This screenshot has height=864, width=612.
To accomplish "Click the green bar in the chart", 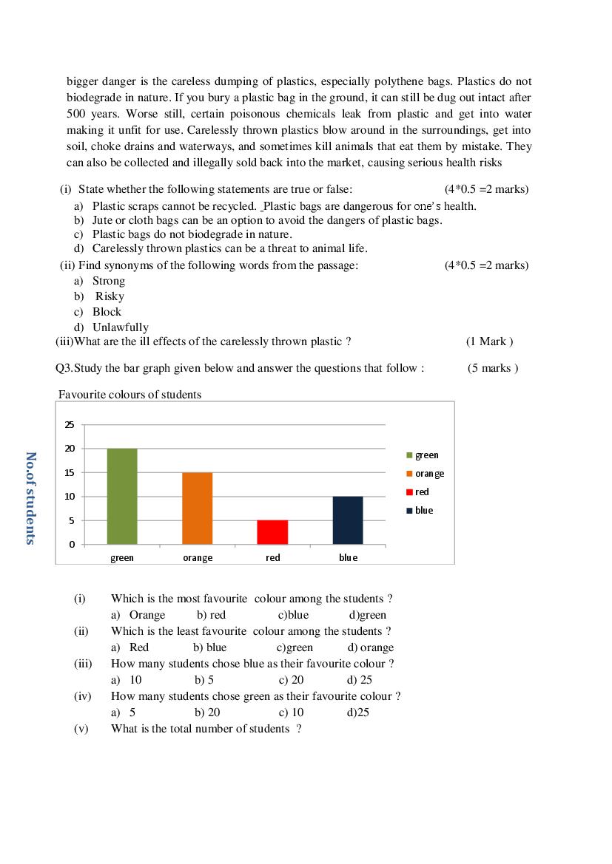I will [x=122, y=496].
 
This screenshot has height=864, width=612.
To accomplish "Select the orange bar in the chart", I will [x=197, y=508].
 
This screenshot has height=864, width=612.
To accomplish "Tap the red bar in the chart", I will [x=272, y=532].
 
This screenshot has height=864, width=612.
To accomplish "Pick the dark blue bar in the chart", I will [x=348, y=520].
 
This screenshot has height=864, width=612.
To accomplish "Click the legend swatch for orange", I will [x=409, y=474].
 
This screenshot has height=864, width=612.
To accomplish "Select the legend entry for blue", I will [x=420, y=511].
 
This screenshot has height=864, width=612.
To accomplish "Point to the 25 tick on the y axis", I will [x=70, y=425].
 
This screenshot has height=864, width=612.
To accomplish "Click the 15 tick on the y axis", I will [x=70, y=473].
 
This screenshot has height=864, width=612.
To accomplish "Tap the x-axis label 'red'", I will [x=273, y=558].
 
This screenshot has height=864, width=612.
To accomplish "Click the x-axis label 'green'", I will [x=122, y=558].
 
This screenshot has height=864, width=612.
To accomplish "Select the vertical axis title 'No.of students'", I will [x=30, y=498].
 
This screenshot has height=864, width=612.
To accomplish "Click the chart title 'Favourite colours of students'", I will [x=130, y=395].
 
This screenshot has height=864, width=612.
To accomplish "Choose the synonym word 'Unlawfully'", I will [x=120, y=327].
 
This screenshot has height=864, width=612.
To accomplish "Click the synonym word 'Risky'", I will [x=110, y=296].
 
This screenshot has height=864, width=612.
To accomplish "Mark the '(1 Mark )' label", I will [x=489, y=341].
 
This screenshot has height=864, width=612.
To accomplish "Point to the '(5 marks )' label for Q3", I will [x=493, y=368].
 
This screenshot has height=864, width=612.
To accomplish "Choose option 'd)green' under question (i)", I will [x=368, y=615].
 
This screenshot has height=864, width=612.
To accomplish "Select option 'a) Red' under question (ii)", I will [x=130, y=647].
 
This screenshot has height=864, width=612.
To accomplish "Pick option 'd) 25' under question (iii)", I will [x=360, y=680].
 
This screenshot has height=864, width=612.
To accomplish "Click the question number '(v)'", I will [x=81, y=729].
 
